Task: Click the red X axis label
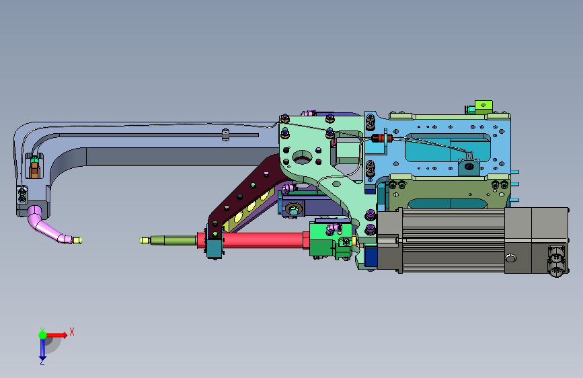(x=72, y=332)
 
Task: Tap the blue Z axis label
(x=42, y=361)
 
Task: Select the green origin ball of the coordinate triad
(x=43, y=335)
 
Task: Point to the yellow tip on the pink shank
(x=77, y=240)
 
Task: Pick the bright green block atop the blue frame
(x=483, y=106)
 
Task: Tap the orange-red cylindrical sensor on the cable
(x=382, y=139)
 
